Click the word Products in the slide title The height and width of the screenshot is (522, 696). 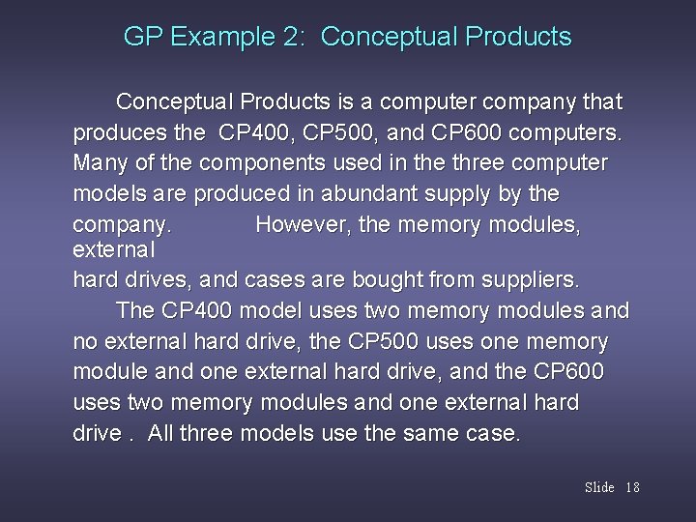pos(518,38)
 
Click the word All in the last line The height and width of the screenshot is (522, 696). pos(164,433)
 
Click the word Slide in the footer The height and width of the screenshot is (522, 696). pos(599,487)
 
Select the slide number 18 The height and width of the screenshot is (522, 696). pos(632,487)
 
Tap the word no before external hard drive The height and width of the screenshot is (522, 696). pos(85,342)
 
